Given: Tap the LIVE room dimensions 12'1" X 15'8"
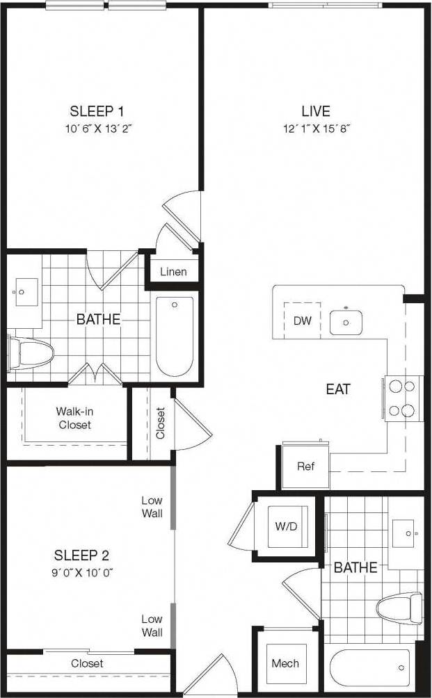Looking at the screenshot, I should pos(315,129).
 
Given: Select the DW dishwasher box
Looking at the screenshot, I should pos(302,320).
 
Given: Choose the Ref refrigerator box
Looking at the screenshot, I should pos(305,466).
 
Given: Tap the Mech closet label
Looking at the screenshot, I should pos(285,663).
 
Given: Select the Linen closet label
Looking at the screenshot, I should pos(173,271).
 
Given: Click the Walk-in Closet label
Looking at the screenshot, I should pos(74,418).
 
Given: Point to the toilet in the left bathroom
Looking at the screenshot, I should pos(32,353).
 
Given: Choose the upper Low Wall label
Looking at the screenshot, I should pos(152,507).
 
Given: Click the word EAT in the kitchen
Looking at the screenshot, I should pos(338,389).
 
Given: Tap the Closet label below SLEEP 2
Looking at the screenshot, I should pos(87,663).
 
